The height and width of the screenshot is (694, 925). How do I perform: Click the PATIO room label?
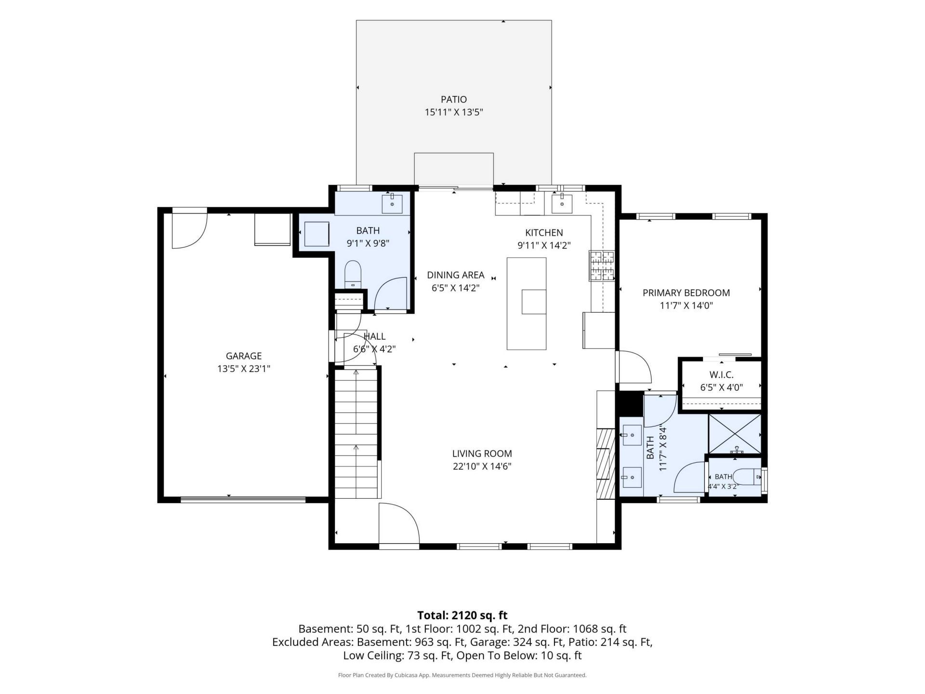453,99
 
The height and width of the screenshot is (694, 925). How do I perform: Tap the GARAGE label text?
244,356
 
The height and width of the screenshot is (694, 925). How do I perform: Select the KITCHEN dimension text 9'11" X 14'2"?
544,245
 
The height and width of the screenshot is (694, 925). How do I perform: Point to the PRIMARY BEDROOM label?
686,293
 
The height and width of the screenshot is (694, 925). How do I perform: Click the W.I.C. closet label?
721,374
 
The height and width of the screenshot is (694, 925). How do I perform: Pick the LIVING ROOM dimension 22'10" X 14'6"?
482,466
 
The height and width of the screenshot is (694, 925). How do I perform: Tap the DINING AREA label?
455,275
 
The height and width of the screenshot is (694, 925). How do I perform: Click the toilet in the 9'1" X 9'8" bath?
353,274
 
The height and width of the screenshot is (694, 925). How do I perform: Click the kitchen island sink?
534,302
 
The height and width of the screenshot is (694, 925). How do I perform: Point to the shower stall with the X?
735,434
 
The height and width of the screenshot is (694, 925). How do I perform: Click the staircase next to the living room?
356,432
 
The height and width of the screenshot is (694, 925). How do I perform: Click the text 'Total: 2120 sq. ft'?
462,615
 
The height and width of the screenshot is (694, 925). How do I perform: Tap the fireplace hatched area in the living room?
606,463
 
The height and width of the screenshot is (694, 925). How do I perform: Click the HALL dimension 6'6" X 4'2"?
374,349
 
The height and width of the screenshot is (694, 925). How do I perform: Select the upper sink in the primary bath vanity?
631,435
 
